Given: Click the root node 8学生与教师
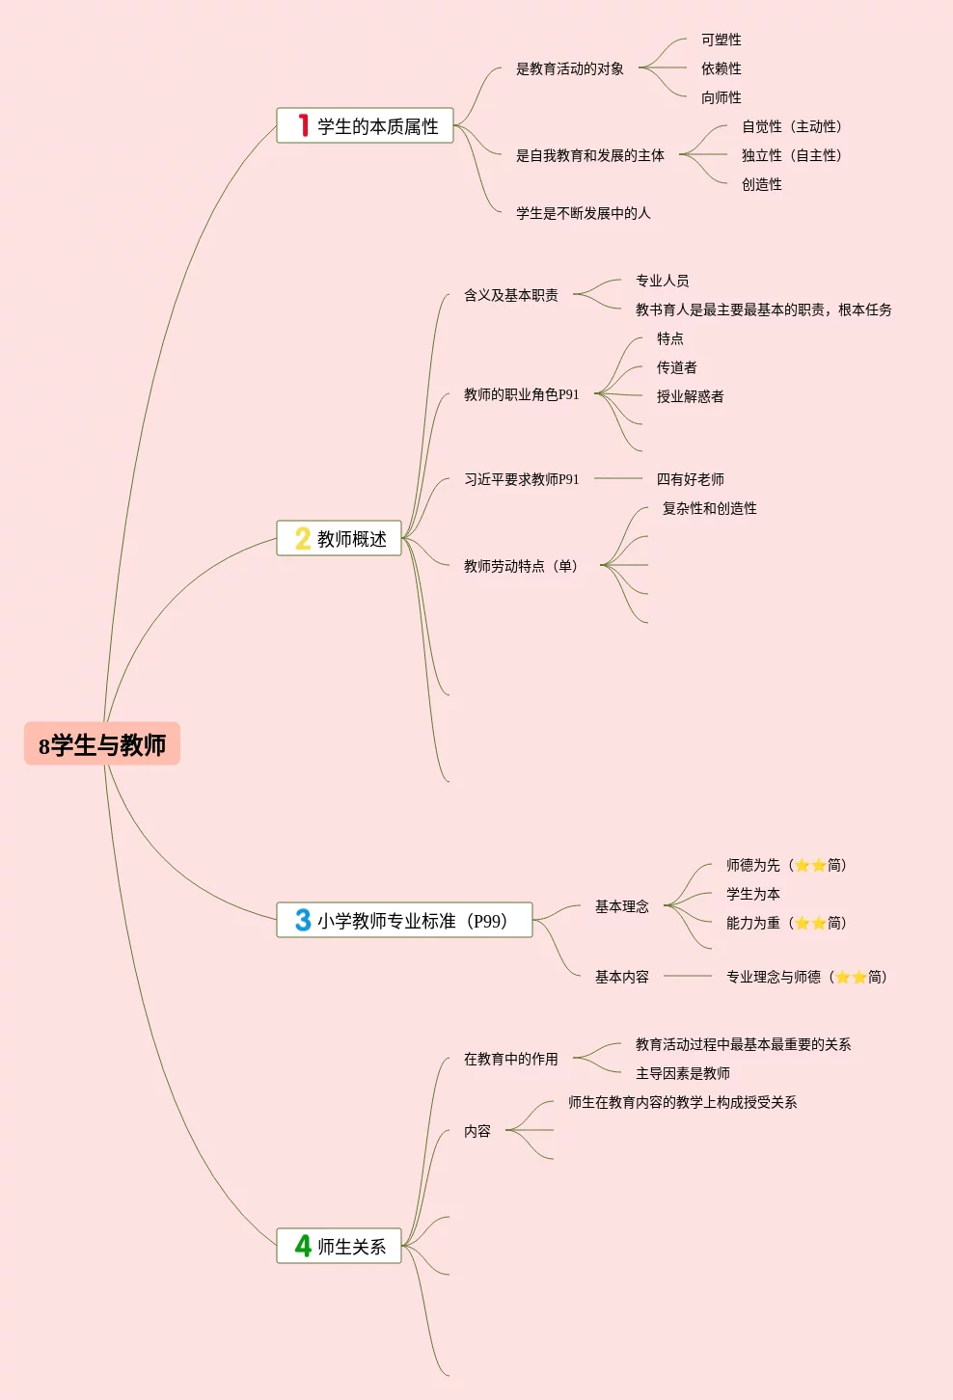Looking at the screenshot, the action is click(x=102, y=744).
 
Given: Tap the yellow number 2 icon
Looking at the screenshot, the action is click(x=302, y=538).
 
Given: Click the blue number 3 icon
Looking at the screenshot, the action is click(x=303, y=920).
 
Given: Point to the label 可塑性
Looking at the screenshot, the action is click(x=721, y=40).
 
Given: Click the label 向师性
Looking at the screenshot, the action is click(x=721, y=97).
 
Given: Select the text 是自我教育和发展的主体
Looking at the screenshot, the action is click(x=589, y=155).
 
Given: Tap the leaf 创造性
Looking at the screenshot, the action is click(x=761, y=184).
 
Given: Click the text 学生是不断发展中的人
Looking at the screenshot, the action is click(x=583, y=213).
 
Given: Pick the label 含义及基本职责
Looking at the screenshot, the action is click(x=510, y=295).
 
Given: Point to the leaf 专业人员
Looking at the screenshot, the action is click(x=662, y=281).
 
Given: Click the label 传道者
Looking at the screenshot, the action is click(x=676, y=367).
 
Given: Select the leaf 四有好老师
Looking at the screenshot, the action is click(x=690, y=479).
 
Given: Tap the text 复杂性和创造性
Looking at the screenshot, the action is click(x=709, y=508).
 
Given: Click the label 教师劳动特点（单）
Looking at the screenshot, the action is click(x=522, y=566).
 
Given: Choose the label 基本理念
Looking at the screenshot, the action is click(x=621, y=906).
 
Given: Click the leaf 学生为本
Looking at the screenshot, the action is click(x=752, y=894).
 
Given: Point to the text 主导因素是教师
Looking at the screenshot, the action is click(x=682, y=1073).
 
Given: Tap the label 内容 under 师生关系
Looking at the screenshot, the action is click(x=476, y=1131).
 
